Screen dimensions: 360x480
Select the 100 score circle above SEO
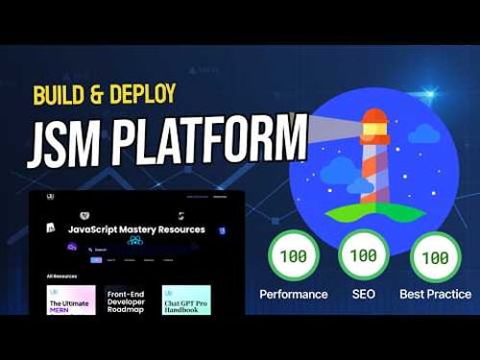point(364,258)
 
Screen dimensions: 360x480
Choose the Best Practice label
point(434,294)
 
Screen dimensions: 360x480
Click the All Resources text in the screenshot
point(62,276)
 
